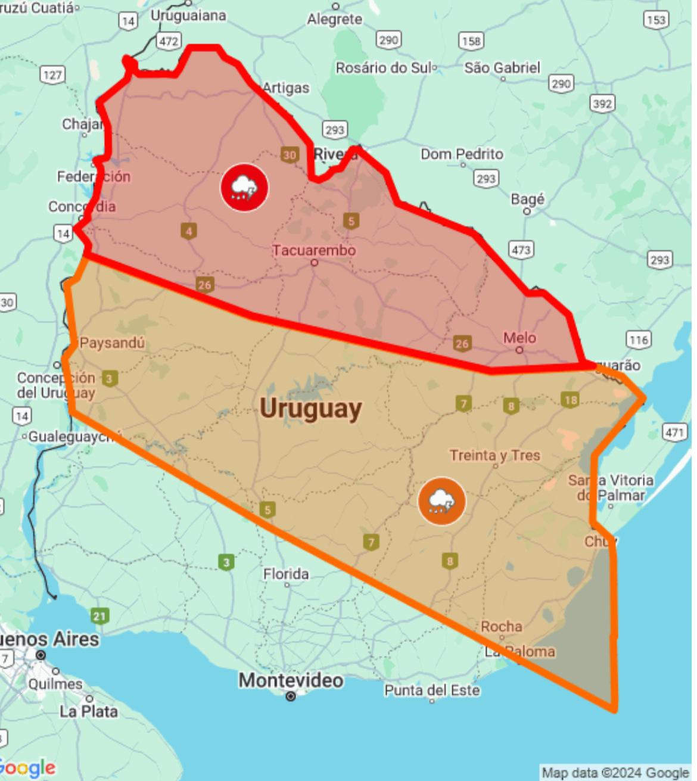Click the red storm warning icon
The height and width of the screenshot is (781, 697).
[244, 187]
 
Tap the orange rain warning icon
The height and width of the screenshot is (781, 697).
[441, 501]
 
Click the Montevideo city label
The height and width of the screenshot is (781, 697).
[291, 680]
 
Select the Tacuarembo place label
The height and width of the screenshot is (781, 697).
[314, 250]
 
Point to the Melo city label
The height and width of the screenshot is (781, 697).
[519, 338]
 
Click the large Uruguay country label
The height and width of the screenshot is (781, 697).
[311, 409]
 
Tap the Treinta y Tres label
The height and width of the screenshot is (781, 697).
[494, 455]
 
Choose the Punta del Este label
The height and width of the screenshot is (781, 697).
[432, 690]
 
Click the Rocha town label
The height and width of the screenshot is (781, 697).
[502, 626]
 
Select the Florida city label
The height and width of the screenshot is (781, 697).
[286, 574]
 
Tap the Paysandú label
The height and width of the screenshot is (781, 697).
[112, 343]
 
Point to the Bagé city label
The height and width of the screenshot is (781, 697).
[527, 198]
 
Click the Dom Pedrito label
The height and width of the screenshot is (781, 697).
[462, 154]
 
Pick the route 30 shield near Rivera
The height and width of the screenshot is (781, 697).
[290, 155]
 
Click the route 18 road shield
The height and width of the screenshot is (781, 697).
[570, 400]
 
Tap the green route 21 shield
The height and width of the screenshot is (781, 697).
[99, 616]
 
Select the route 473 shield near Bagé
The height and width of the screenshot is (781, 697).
[521, 249]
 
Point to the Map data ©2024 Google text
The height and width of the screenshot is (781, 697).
[615, 773]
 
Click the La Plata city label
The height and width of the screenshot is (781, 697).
[89, 711]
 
